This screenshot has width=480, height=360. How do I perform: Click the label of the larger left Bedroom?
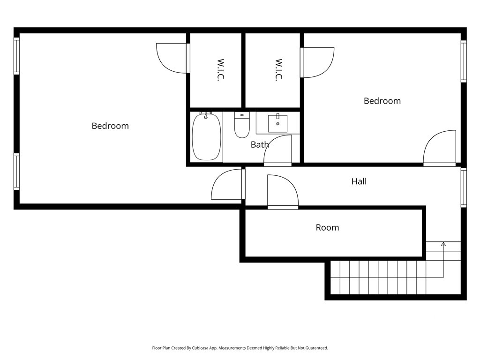tap(110, 126)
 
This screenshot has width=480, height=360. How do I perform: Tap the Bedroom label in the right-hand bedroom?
tap(382, 101)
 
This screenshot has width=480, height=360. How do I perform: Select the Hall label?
tap(359, 181)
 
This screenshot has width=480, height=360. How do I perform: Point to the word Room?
tap(327, 227)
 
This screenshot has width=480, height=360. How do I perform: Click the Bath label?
tap(259, 144)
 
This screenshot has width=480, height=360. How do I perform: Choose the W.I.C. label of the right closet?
tap(278, 70)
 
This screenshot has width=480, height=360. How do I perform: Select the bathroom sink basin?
tap(278, 123)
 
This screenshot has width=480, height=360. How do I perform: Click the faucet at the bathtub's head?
tap(206, 113)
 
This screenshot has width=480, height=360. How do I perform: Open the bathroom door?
tap(278, 151)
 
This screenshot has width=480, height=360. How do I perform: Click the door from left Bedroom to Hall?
tap(227, 185)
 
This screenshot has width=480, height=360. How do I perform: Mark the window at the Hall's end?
tap(464, 187)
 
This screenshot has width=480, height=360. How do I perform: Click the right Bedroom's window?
tap(464, 61)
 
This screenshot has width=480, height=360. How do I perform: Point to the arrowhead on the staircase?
tap(443, 244)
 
